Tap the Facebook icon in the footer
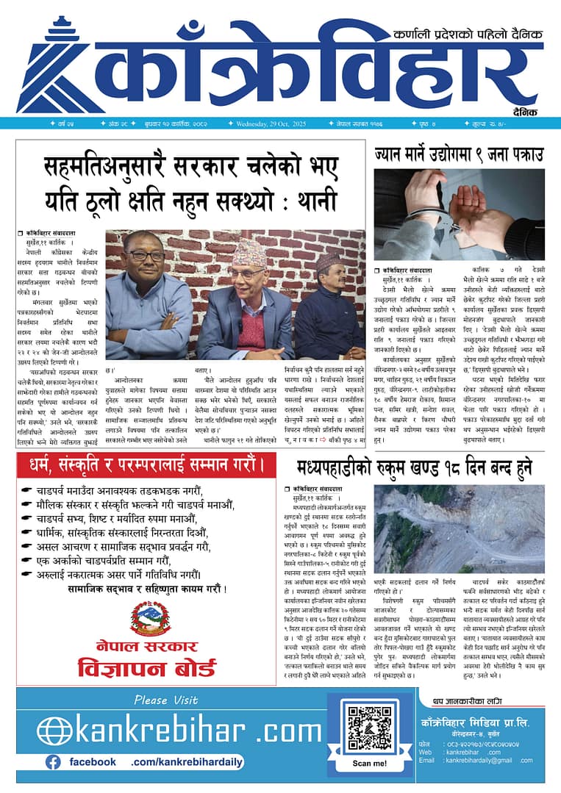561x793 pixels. tap(53, 762)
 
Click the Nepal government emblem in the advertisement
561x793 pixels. tap(151, 620)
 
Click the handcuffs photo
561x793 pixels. tap(459, 215)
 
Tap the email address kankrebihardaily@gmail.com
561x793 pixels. tap(486, 760)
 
